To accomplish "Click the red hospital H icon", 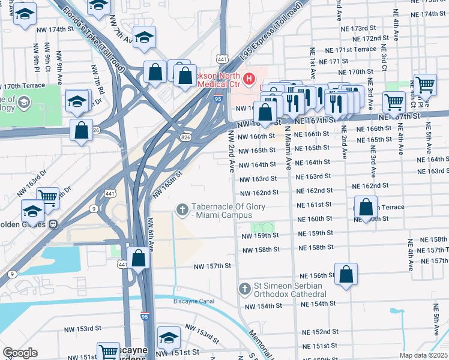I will coord(249,79).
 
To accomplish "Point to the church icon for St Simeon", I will coord(244,289).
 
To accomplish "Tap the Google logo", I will coord(20,353).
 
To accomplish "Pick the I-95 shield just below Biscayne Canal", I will coord(145,315).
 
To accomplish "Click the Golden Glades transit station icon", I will coord(53,224).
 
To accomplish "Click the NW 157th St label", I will coord(212,265).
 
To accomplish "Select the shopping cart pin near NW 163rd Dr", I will coord(47,197).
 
